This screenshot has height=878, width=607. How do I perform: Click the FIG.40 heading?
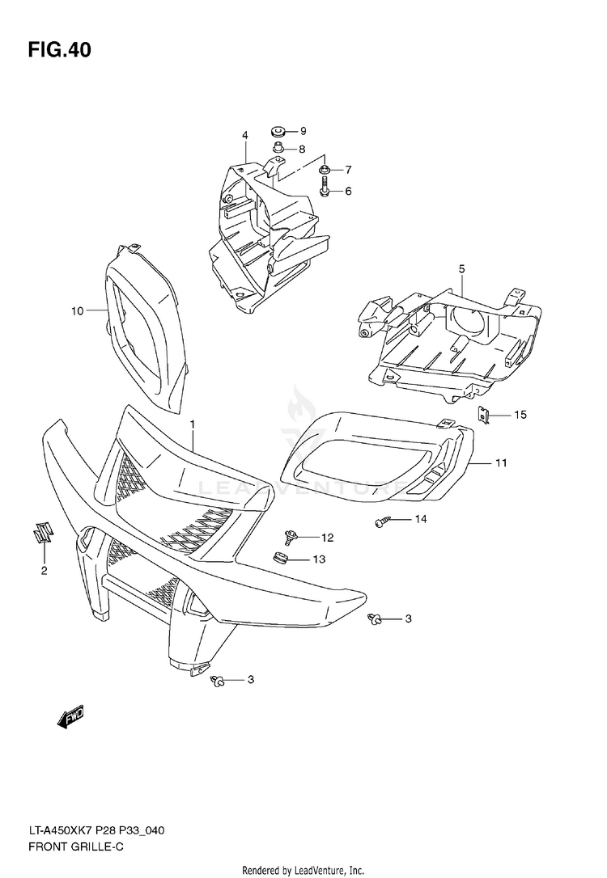pyautogui.click(x=59, y=50)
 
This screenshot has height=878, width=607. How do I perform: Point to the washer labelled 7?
pyautogui.click(x=325, y=169)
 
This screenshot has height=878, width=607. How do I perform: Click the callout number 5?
pyautogui.click(x=461, y=268)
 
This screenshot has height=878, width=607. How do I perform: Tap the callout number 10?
pyautogui.click(x=77, y=310)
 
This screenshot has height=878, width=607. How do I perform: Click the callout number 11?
pyautogui.click(x=501, y=463)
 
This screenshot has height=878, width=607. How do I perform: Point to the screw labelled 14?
pyautogui.click(x=383, y=522)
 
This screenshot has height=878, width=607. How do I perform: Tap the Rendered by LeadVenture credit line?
pyautogui.click(x=303, y=870)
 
